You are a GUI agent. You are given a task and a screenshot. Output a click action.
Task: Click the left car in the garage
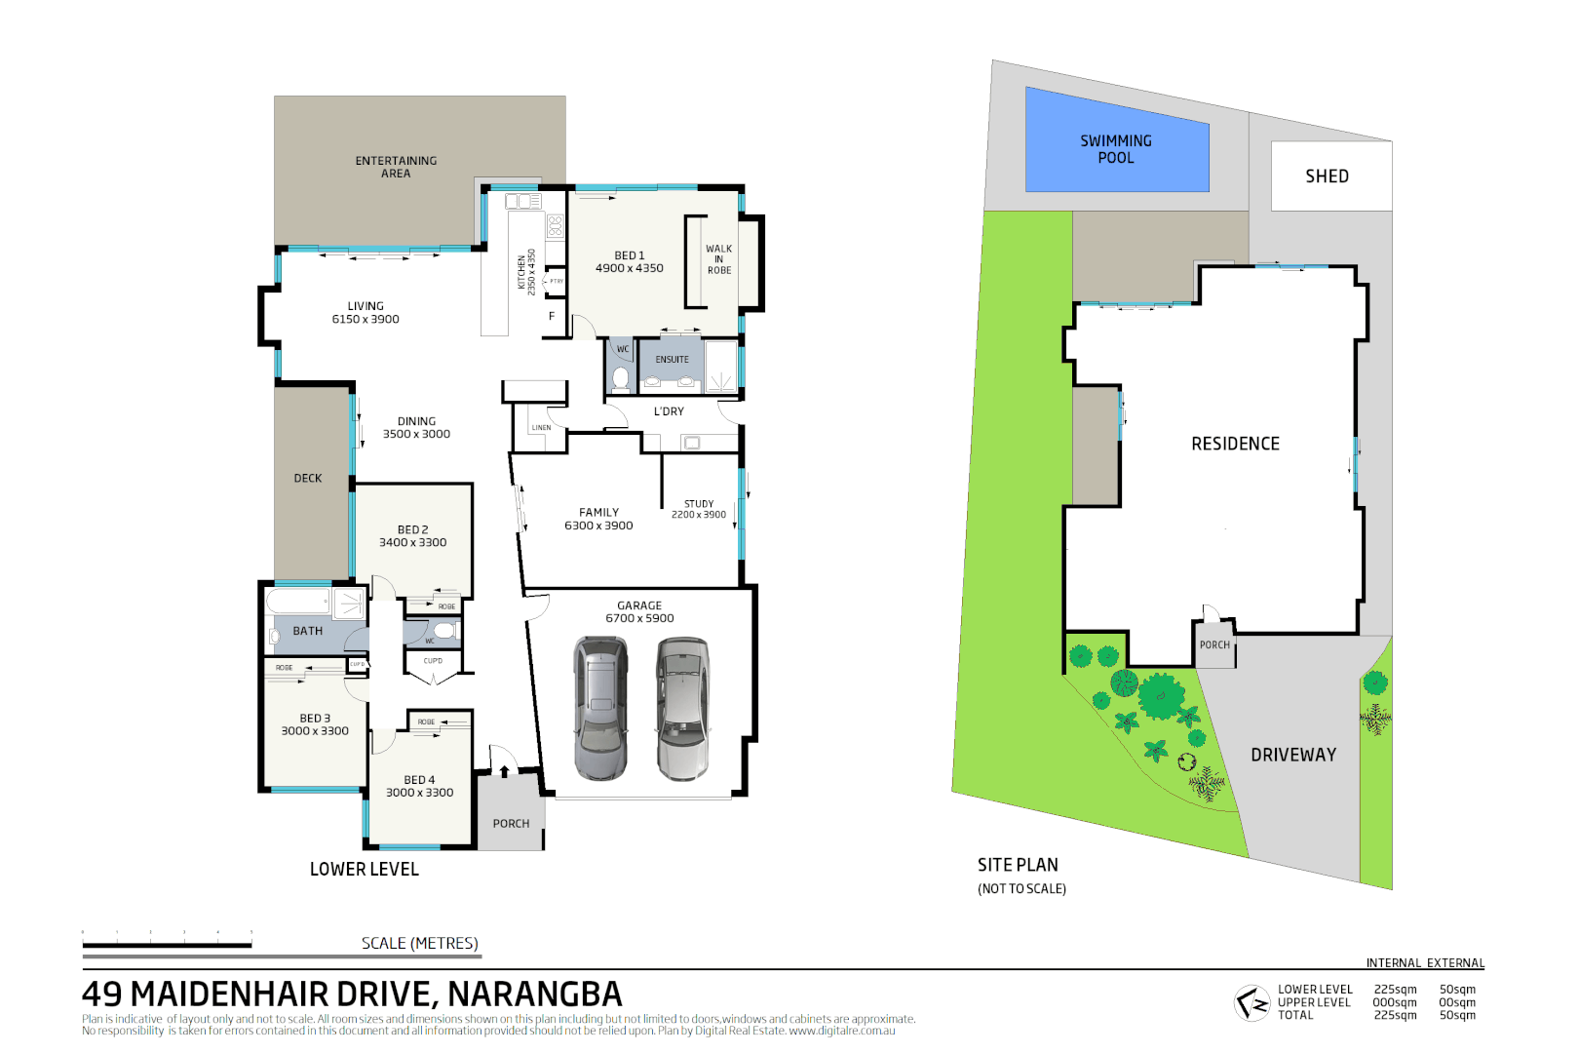pos(600,708)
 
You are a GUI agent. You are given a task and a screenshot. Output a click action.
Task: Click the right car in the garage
pos(682,708)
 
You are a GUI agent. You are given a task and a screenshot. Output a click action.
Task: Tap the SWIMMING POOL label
pos(1116,149)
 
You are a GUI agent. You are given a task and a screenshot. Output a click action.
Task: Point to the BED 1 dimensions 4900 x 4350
pos(630,268)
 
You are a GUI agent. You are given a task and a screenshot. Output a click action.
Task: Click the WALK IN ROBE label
pos(719,259)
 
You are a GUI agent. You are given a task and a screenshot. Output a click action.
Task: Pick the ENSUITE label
pos(672,360)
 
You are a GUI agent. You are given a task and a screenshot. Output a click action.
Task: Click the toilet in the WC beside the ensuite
pos(621,377)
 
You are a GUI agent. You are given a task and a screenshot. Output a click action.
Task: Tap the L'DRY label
pos(669,411)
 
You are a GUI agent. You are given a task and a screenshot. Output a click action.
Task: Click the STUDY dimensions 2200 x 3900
pos(699,515)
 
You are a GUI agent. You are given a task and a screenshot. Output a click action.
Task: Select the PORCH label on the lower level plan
pos(511,824)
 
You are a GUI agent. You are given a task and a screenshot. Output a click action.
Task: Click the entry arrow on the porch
pos(504,771)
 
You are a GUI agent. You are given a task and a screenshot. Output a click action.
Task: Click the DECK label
pos(308,479)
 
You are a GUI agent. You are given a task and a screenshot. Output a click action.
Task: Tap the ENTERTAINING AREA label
pos(396,167)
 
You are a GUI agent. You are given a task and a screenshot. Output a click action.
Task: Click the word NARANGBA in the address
pos(534,994)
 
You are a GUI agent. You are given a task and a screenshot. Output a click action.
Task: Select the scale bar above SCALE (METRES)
pos(168,944)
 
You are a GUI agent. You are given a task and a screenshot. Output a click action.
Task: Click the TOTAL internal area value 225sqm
pos(1395,1015)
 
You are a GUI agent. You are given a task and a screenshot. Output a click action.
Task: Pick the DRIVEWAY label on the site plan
pos(1293,755)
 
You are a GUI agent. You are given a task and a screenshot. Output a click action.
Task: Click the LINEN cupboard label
pos(541,428)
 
